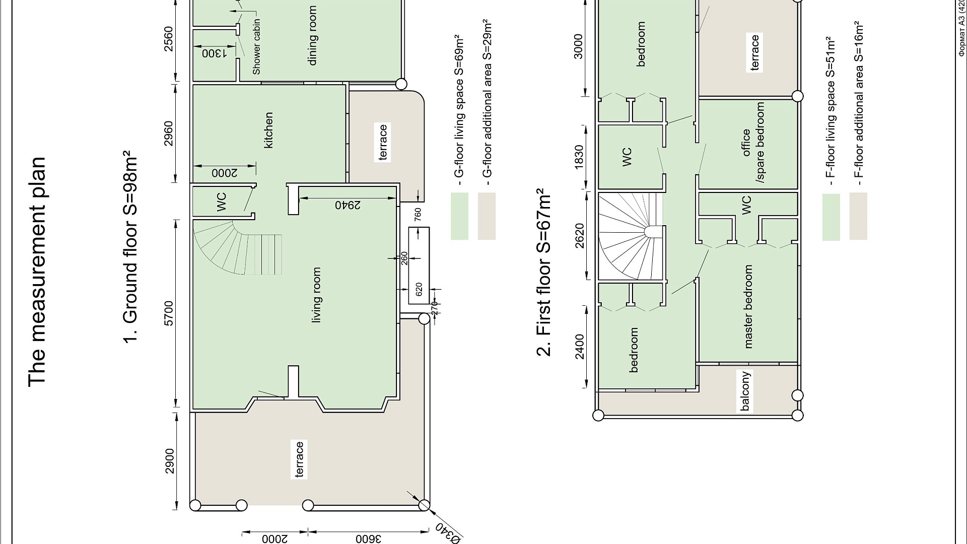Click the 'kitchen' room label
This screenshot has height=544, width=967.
coord(269,130)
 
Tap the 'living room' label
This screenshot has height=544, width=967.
coord(316,295)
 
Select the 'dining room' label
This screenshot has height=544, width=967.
coord(313,35)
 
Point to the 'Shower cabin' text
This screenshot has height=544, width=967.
coord(257,47)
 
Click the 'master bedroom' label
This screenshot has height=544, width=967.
coord(748,307)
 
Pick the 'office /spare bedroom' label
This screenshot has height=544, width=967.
coord(753,143)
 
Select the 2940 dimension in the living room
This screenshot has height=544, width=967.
coord(348,205)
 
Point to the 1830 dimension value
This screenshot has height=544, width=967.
coord(579,157)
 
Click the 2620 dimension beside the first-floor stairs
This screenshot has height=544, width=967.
coord(579,236)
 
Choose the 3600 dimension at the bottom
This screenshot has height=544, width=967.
coord(369,538)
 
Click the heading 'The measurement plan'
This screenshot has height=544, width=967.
coord(37,272)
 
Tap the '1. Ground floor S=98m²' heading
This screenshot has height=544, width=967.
coord(130,247)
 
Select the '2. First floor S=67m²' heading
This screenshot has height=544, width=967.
coord(544,272)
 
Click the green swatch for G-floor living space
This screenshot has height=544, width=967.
coord(459,216)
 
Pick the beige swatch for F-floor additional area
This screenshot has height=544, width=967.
coord(858,216)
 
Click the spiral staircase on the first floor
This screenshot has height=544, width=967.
coord(630,236)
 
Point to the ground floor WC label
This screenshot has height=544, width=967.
coord(221,201)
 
